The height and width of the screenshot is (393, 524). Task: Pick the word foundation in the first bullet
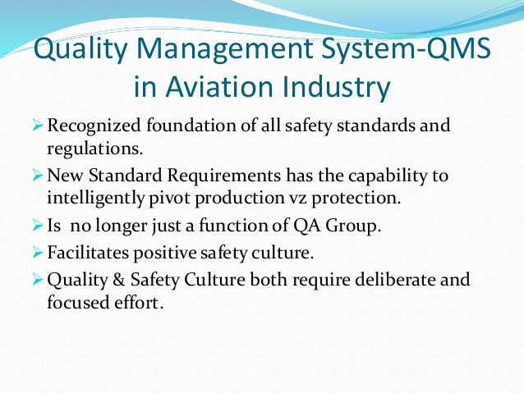pos(190,127)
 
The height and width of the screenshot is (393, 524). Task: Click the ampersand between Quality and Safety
pos(118,281)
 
